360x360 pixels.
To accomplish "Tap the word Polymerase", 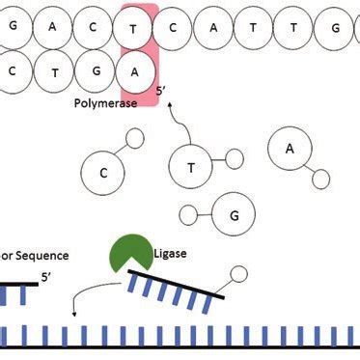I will (x=104, y=100).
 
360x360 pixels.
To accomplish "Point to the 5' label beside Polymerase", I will (x=162, y=92).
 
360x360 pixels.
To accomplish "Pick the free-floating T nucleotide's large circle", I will (x=190, y=166).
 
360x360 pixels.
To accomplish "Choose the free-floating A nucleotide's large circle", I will (x=289, y=148).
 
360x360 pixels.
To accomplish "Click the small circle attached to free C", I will (x=136, y=140).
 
